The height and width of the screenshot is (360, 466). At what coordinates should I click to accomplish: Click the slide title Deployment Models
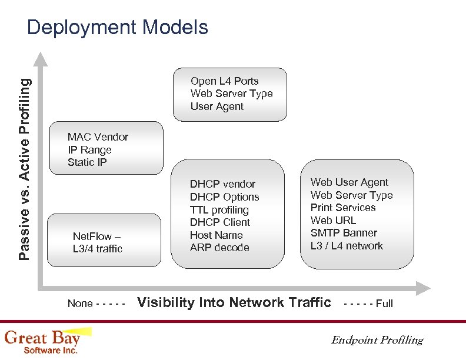pyautogui.click(x=118, y=28)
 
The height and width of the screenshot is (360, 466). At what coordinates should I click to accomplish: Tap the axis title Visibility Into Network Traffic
pyautogui.click(x=234, y=302)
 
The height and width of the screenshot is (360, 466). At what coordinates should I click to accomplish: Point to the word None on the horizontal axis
pyautogui.click(x=80, y=304)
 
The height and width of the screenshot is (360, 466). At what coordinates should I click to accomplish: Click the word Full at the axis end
pyautogui.click(x=384, y=304)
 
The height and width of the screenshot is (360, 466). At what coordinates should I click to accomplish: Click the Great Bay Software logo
pyautogui.click(x=42, y=341)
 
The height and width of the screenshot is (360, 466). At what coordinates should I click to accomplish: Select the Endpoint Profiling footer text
pyautogui.click(x=377, y=340)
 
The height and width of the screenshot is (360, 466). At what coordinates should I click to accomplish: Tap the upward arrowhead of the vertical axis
pyautogui.click(x=40, y=59)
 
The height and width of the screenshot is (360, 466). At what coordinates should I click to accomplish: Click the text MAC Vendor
pyautogui.click(x=98, y=137)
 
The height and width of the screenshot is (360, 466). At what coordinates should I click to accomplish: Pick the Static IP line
pyautogui.click(x=87, y=162)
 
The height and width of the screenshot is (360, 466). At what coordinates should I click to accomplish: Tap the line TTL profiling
pyautogui.click(x=219, y=210)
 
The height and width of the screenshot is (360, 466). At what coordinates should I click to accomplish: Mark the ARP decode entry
pyautogui.click(x=219, y=248)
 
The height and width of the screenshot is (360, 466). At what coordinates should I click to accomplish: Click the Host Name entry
pyautogui.click(x=216, y=235)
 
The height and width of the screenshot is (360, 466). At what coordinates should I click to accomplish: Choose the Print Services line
pyautogui.click(x=342, y=208)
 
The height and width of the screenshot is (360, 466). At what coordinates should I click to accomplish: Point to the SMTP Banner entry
pyautogui.click(x=344, y=233)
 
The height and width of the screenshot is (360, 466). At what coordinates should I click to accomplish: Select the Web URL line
pyautogui.click(x=333, y=221)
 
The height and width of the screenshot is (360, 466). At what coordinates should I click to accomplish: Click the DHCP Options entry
pyautogui.click(x=224, y=197)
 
